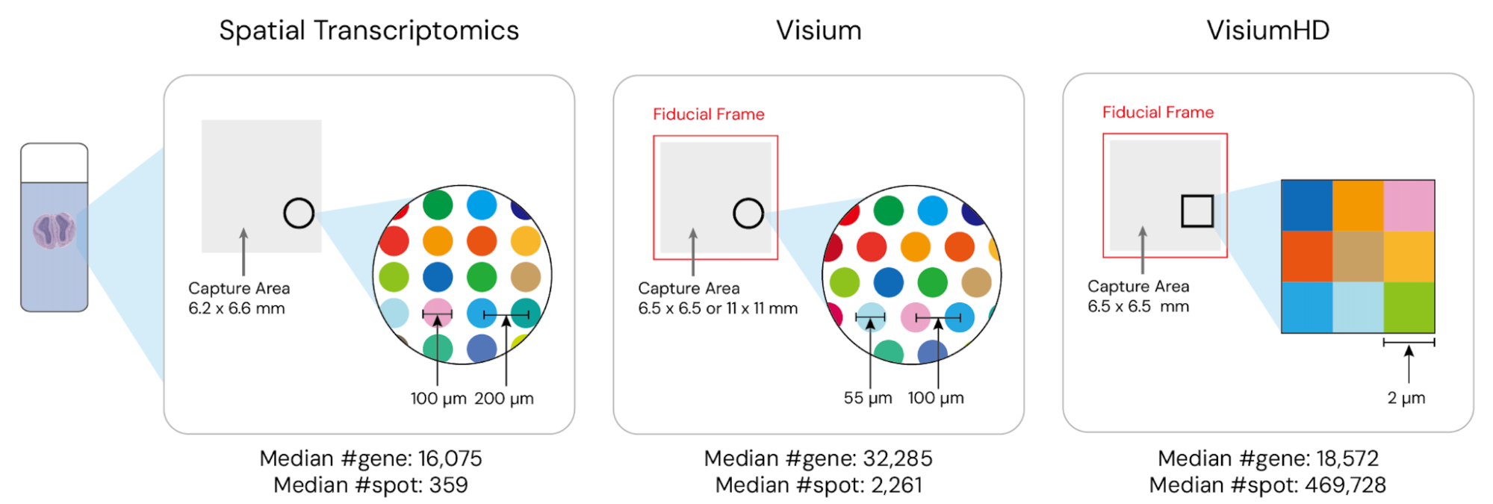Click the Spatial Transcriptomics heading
[x=368, y=31]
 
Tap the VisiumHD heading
[x=1267, y=31]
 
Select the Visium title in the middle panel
[x=819, y=31]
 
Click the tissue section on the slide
[x=54, y=230]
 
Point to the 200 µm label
[x=504, y=399]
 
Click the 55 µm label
[x=868, y=398]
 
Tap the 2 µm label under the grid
[x=1406, y=398]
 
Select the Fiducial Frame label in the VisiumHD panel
[x=1158, y=113]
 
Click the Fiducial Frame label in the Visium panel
[x=708, y=114]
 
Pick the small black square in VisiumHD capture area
[x=1196, y=211]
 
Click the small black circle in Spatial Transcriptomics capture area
[x=299, y=214]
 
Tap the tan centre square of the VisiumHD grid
[x=1358, y=256]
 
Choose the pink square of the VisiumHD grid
[x=1409, y=205]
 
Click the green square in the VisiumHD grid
[x=1409, y=307]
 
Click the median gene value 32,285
[x=898, y=458]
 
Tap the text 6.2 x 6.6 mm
[x=236, y=308]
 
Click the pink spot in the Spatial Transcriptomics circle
[x=438, y=313]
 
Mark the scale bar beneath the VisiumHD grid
[x=1409, y=343]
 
